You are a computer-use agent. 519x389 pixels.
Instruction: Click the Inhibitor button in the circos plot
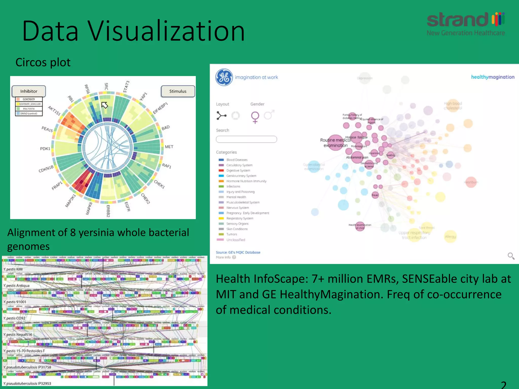tap(29, 91)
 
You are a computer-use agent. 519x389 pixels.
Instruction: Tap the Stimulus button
tap(178, 91)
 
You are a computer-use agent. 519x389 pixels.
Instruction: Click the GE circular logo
tap(224, 77)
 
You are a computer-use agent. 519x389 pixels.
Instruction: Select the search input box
tap(246, 139)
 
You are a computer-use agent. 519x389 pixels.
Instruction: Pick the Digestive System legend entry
tap(238, 170)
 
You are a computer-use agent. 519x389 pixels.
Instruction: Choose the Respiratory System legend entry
tap(239, 218)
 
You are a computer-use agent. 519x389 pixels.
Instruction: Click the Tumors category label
tap(232, 234)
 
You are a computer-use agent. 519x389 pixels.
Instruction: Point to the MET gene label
tap(169, 147)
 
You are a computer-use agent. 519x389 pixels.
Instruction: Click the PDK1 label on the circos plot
tap(45, 149)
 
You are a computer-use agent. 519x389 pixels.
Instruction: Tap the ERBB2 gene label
tap(108, 211)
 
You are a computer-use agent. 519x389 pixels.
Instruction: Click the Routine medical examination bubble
tap(336, 143)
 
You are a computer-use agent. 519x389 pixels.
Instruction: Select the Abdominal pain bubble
tap(357, 157)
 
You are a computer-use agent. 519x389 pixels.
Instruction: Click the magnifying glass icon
tap(511, 256)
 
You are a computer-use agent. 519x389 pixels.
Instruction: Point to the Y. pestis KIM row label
tap(13, 269)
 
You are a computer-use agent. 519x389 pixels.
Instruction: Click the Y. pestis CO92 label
tap(14, 318)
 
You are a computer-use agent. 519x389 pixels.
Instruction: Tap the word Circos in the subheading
tap(31, 62)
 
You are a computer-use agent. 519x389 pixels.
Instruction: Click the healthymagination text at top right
tap(493, 77)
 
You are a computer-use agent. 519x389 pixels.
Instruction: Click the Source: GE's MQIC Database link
tap(238, 252)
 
